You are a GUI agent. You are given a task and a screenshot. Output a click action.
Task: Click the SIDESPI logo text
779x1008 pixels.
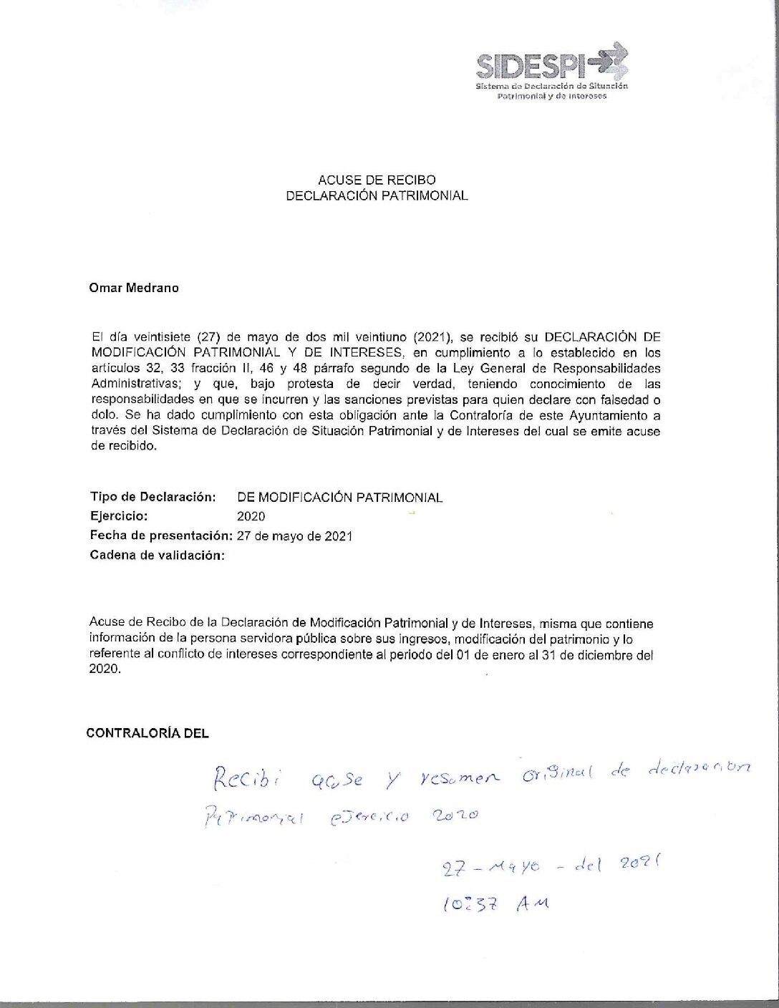[x=531, y=66]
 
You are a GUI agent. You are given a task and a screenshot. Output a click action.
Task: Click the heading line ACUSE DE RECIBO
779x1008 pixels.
[x=377, y=180]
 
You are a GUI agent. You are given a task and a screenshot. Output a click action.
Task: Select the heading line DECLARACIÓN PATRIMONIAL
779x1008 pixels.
[x=377, y=195]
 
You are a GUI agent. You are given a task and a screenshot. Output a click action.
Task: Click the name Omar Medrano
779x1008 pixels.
[x=134, y=289]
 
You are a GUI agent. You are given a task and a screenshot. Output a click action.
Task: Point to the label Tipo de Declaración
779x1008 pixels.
[x=153, y=497]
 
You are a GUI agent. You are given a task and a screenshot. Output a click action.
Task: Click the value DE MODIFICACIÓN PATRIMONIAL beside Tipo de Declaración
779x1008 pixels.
[x=339, y=498]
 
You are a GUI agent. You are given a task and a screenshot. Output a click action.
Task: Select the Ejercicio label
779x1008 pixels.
[x=119, y=515]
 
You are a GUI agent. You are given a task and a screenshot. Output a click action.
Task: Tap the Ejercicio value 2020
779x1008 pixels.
[x=251, y=516]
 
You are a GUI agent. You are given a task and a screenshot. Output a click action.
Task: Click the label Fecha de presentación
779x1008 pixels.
[x=161, y=535]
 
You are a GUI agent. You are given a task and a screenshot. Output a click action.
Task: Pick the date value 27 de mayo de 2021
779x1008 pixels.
[x=294, y=536]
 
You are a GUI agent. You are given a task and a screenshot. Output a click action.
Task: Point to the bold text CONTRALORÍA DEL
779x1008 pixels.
[x=147, y=733]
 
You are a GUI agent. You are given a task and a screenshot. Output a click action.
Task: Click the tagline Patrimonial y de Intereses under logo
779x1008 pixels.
[x=551, y=96]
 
